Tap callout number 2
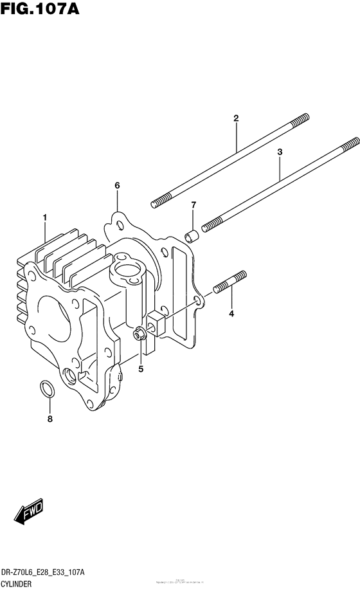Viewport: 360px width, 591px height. pyautogui.click(x=236, y=118)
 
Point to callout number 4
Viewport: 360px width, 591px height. pyautogui.click(x=231, y=314)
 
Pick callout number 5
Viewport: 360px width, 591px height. pyautogui.click(x=117, y=186)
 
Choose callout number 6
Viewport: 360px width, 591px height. pyautogui.click(x=193, y=205)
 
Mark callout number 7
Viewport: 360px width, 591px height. pyautogui.click(x=50, y=420)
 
